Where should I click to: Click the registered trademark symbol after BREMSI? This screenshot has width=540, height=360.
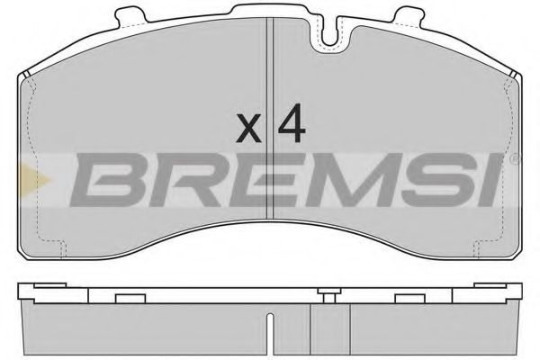tap(514, 159)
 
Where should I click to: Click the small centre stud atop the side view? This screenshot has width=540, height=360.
tap(324, 291)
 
